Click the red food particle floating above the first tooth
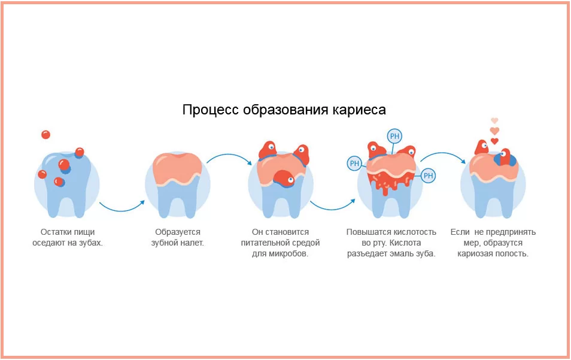45,134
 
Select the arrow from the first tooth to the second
122,207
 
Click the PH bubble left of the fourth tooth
354,162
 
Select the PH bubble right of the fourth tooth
428,176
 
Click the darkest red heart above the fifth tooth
494,141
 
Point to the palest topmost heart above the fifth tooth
494,120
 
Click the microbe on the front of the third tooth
284,178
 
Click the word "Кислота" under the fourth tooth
407,243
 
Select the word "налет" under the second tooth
192,243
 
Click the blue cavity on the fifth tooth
501,160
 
